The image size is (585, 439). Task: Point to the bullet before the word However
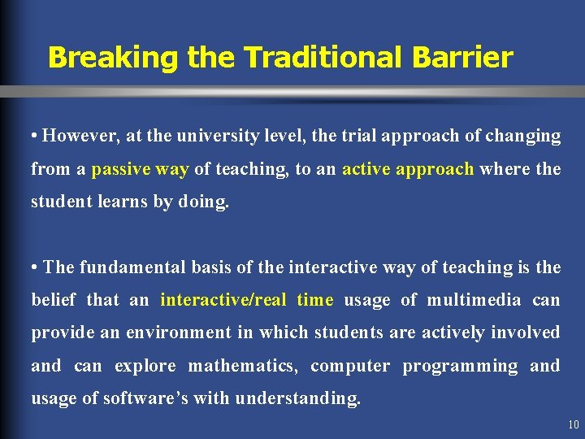click(35, 137)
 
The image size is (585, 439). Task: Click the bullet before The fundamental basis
click(35, 267)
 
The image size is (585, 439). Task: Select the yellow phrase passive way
click(140, 169)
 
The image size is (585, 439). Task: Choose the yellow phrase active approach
click(408, 169)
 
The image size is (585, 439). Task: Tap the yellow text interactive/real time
click(246, 300)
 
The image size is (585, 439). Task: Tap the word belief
click(54, 300)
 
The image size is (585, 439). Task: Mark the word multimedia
click(474, 300)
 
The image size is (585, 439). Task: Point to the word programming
click(460, 366)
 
